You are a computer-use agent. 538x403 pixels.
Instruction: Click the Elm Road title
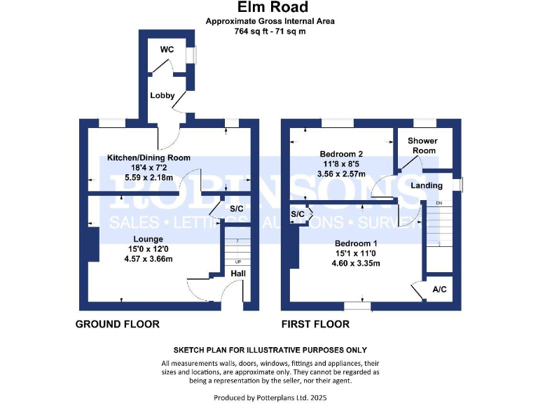270,8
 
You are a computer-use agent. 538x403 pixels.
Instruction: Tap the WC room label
167,49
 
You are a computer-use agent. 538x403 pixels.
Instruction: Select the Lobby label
162,96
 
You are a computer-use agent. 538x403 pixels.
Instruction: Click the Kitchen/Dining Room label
149,157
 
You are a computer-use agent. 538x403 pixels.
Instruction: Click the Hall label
238,274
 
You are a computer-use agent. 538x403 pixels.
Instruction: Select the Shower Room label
422,146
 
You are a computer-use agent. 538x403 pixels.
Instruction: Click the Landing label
426,185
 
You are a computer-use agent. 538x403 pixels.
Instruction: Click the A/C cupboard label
440,289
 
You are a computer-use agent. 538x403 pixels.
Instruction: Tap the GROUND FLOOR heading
117,324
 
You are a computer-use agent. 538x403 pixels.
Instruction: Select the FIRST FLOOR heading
315,324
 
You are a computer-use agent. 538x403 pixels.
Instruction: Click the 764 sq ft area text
270,31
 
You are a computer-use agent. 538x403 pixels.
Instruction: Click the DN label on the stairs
439,204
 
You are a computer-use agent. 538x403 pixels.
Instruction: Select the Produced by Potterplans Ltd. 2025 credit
270,397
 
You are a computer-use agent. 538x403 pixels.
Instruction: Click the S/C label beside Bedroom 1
297,213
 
